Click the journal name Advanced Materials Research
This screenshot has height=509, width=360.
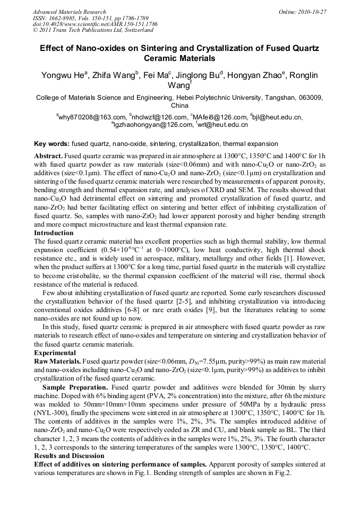click(x=69, y=12)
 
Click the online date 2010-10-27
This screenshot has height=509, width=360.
click(x=314, y=12)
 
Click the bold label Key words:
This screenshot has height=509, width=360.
click(x=52, y=144)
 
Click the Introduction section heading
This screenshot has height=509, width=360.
click(x=54, y=233)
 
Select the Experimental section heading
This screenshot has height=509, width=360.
click(x=55, y=353)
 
